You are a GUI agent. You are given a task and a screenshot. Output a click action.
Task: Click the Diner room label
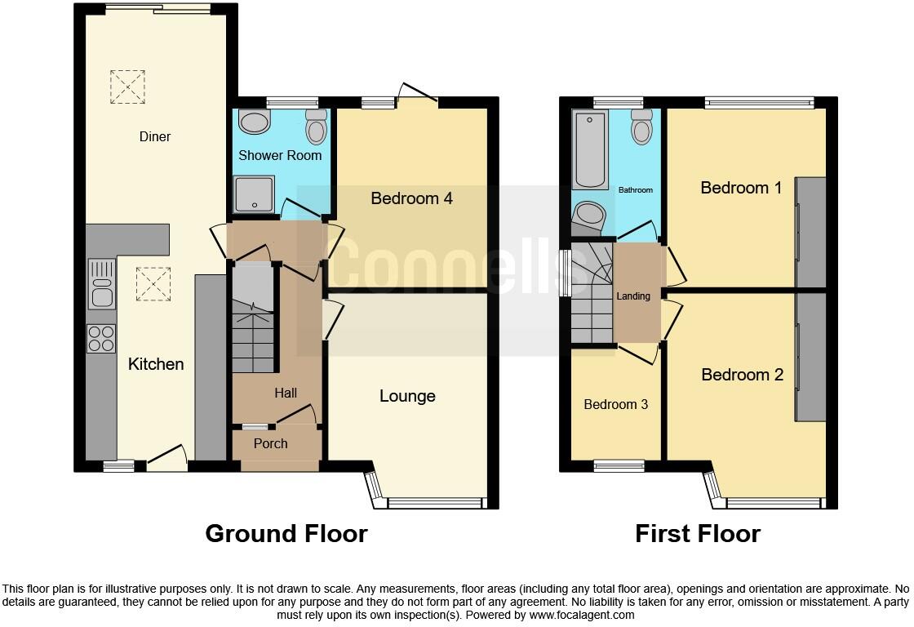[x=154, y=136]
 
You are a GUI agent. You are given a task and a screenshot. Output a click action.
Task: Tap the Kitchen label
[x=156, y=364]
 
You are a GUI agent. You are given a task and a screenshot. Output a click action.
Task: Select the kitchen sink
[x=102, y=283]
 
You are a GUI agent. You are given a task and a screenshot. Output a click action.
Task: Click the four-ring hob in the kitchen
[x=101, y=338]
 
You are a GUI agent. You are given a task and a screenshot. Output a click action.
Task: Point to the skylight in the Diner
[x=127, y=87]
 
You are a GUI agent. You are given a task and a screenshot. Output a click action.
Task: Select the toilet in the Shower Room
[x=315, y=127]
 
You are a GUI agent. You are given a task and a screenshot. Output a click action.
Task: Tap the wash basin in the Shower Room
[x=255, y=122]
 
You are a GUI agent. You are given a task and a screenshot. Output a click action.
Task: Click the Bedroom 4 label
[x=411, y=198]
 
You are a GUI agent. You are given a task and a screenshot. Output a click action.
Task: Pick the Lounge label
[x=407, y=396]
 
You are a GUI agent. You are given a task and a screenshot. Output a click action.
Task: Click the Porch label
[x=270, y=443]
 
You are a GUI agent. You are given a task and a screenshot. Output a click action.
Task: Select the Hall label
[x=286, y=393]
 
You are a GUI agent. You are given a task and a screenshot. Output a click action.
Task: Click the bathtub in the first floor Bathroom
[x=589, y=149]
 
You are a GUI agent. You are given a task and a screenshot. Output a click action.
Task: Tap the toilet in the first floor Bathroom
[x=642, y=127]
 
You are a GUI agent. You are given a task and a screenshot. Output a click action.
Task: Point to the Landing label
[x=633, y=296]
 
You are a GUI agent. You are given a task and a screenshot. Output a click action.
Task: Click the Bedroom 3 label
[x=615, y=404]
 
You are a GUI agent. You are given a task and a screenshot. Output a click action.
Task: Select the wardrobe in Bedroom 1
[x=811, y=232]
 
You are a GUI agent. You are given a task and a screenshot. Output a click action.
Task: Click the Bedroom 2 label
[x=742, y=375]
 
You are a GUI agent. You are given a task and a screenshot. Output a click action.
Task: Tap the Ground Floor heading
[x=286, y=534]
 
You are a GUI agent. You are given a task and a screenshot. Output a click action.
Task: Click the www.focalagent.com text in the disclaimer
[x=581, y=615]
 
